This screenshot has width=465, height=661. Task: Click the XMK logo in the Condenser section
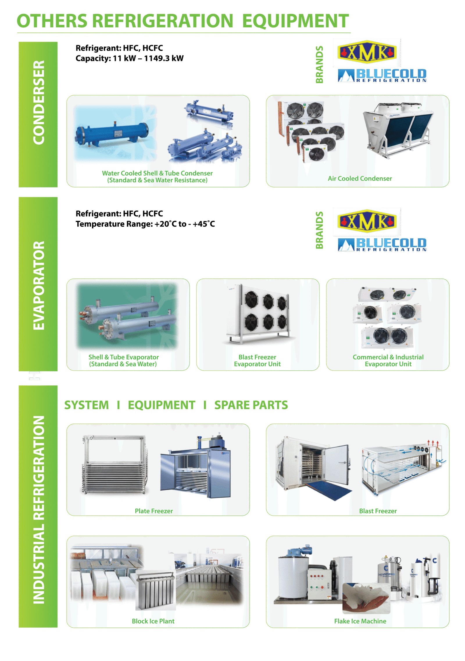(x=367, y=53)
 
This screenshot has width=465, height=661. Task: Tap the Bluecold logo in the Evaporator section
(x=382, y=244)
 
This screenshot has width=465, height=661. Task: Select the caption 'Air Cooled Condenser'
(x=360, y=179)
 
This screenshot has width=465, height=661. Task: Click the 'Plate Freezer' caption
(x=154, y=511)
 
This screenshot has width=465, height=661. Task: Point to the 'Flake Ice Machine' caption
(x=360, y=621)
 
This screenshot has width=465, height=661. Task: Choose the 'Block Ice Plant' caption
(x=153, y=621)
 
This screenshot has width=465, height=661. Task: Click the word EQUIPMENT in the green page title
(x=295, y=21)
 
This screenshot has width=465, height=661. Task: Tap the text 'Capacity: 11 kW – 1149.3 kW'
(x=130, y=58)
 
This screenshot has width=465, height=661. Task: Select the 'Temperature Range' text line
(x=145, y=224)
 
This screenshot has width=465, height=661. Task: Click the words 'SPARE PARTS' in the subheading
(x=251, y=405)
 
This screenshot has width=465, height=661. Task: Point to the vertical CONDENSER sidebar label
(x=38, y=102)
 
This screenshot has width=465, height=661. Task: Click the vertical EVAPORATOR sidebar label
(x=38, y=285)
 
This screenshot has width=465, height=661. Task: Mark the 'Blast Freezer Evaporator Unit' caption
(x=257, y=361)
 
